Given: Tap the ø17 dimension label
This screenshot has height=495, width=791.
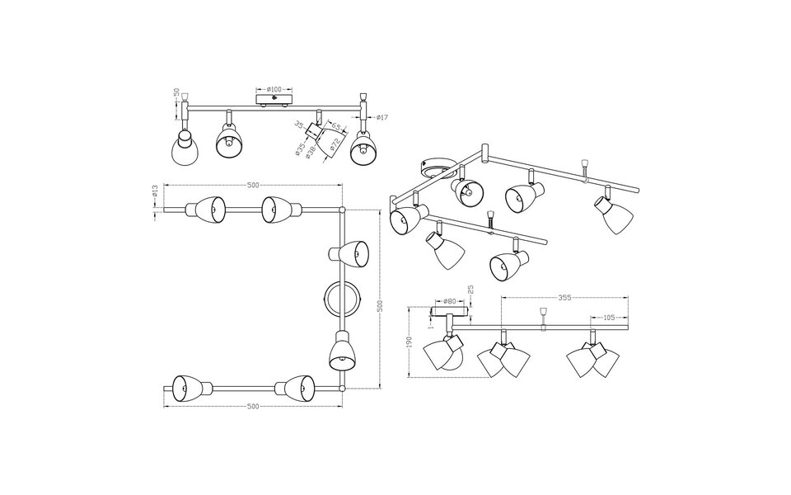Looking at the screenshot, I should click(381, 118).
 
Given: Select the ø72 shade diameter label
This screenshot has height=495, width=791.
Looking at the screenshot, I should click(335, 146).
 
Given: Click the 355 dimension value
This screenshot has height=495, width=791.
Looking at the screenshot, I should click(564, 296).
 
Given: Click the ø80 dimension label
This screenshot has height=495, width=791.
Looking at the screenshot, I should click(450, 302).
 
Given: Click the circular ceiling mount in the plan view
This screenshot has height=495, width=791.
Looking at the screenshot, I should click(341, 299).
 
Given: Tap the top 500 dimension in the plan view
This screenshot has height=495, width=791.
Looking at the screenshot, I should click(252, 184).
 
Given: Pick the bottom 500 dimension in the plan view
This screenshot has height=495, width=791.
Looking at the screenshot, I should click(252, 406).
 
